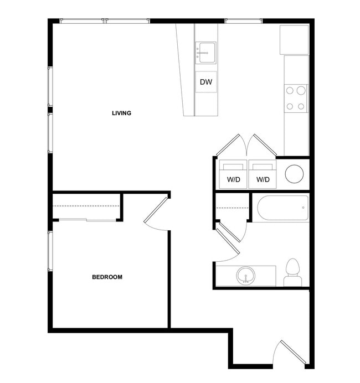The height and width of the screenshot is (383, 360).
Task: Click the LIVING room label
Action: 121,113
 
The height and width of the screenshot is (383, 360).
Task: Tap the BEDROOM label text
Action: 107,277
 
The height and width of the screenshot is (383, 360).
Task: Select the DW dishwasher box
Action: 206,82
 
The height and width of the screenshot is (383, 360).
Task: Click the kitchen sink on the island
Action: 206,53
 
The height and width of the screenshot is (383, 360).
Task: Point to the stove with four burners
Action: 296,97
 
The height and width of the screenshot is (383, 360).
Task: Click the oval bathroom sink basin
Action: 245,275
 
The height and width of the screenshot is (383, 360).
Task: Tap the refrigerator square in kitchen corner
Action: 294,39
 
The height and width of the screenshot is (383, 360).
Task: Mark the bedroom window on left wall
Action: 50,252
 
